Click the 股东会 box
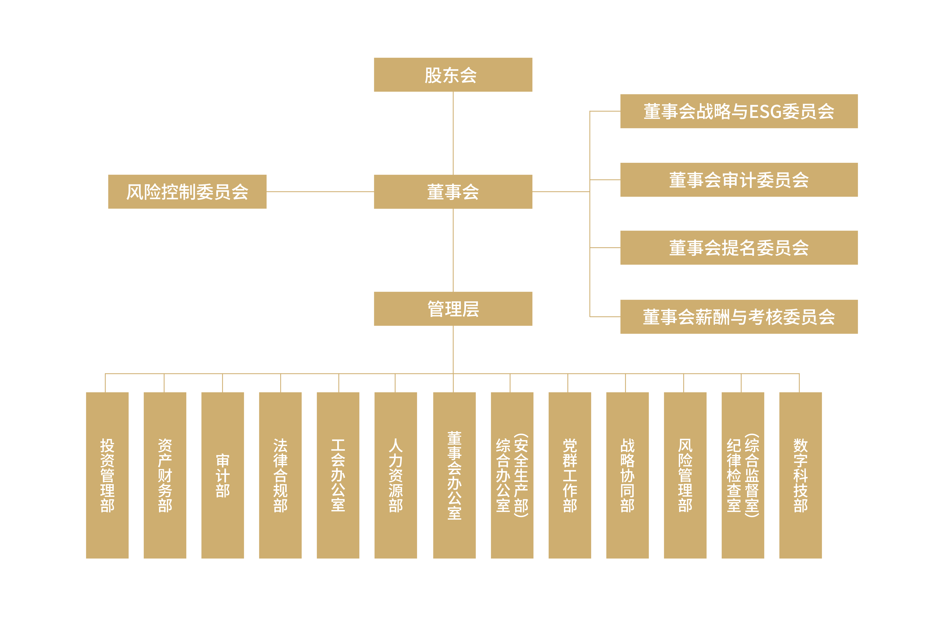(x=453, y=75)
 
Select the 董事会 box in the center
(x=453, y=192)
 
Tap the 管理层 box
(x=453, y=309)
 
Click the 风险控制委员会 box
(x=187, y=192)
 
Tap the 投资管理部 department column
(x=107, y=475)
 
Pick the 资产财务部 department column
(x=165, y=475)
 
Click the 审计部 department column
(x=223, y=475)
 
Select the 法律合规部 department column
(x=280, y=475)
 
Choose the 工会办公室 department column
(x=338, y=475)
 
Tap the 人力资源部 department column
(x=396, y=475)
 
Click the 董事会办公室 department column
(x=454, y=475)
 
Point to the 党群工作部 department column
(x=569, y=475)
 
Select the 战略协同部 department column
(x=627, y=475)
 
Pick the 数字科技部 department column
(x=800, y=475)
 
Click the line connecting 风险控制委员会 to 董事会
(x=320, y=192)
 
